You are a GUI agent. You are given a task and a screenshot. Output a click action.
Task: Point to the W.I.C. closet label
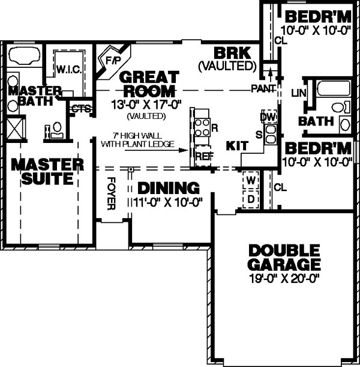point(65,69)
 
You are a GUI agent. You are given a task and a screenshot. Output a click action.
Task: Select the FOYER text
point(110,193)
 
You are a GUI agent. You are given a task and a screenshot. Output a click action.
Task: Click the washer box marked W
point(251,180)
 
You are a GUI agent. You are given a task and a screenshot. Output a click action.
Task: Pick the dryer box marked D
point(251,198)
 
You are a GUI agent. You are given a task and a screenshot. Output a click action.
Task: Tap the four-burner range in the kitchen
point(200,127)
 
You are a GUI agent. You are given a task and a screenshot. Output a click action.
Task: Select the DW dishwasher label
point(268,116)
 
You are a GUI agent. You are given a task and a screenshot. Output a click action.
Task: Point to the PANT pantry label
point(263,89)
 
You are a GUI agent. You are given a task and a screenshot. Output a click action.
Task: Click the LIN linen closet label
point(298,93)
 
